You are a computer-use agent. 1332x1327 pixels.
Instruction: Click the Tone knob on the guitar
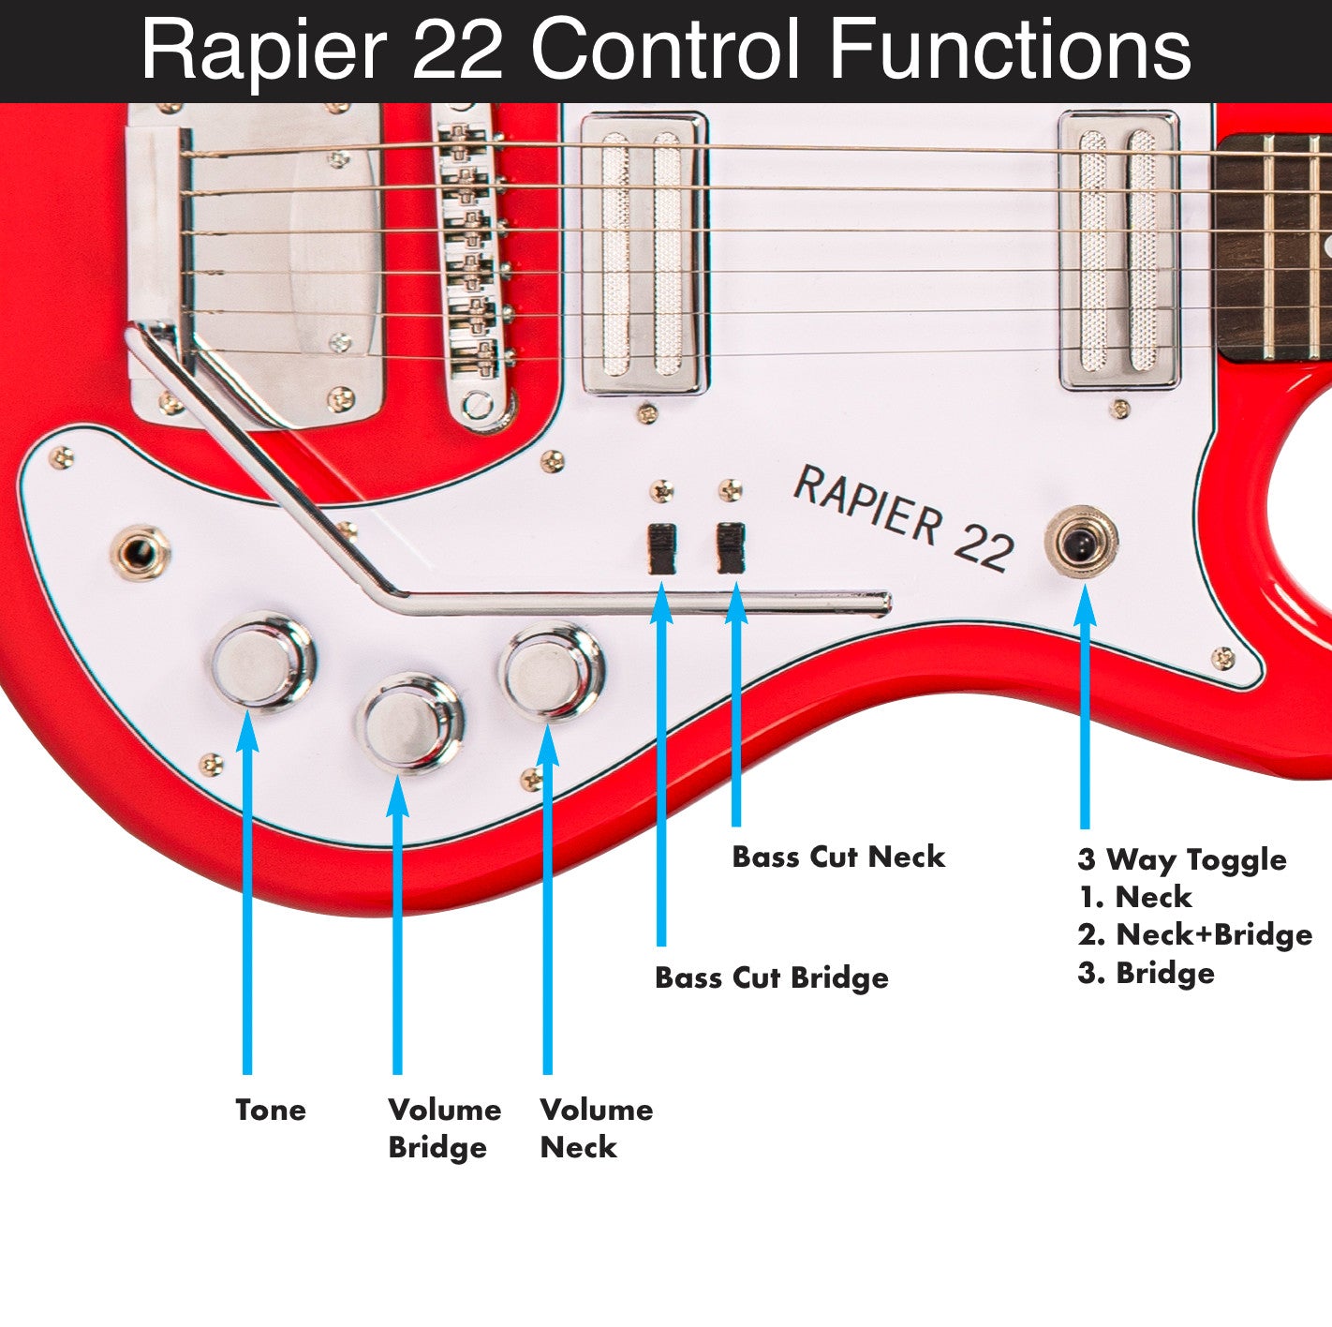[x=261, y=661]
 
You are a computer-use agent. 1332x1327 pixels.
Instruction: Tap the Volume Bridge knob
[x=411, y=723]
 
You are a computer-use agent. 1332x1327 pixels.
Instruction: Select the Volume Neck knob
[x=551, y=671]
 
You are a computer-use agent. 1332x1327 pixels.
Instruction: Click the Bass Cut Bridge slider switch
[x=662, y=548]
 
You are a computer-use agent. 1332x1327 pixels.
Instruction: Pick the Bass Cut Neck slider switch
[x=731, y=548]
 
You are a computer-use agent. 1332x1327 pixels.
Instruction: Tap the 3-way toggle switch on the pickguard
[x=1081, y=542]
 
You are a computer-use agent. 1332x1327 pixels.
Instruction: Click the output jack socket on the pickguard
[x=141, y=552]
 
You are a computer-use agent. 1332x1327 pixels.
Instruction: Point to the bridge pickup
[x=644, y=253]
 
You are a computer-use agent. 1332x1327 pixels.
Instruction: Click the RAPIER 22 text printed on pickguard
[x=903, y=518]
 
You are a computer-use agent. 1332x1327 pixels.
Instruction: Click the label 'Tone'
[x=271, y=1110]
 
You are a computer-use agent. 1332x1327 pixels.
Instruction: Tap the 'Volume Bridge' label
[x=444, y=1127]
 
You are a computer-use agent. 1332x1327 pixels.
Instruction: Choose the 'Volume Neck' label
[x=596, y=1127]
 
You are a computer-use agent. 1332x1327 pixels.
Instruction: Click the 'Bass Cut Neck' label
[x=837, y=857]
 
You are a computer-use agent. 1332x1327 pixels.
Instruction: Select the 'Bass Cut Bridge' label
[x=771, y=977]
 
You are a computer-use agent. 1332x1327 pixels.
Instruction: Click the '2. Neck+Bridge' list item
[x=1194, y=934]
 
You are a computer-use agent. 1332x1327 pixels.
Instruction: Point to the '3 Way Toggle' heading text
[x=1181, y=859]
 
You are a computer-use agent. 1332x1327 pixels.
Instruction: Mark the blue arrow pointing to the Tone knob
[x=247, y=890]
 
